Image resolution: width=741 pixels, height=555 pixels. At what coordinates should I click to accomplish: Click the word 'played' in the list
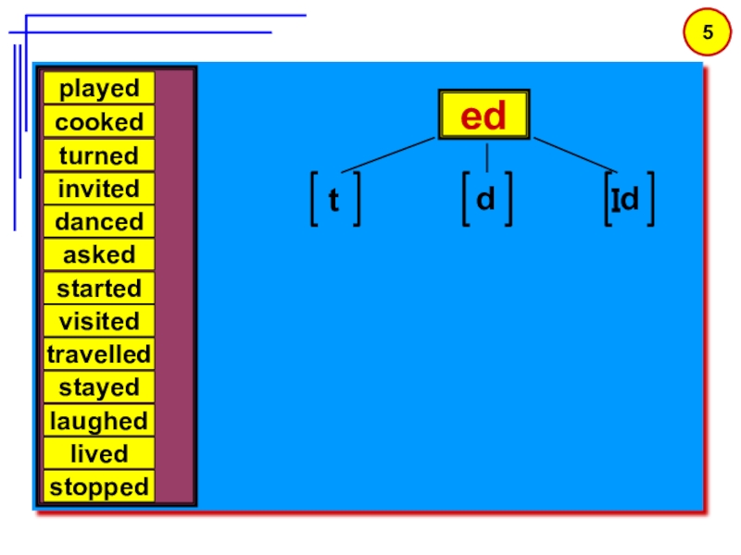[x=98, y=89]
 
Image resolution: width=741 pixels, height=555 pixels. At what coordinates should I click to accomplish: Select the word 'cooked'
[x=98, y=122]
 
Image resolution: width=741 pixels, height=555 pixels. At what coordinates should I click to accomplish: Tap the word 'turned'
[x=98, y=155]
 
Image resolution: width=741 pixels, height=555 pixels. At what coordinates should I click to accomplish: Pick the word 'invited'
[x=98, y=189]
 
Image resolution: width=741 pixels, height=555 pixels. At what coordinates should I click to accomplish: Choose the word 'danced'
[x=98, y=222]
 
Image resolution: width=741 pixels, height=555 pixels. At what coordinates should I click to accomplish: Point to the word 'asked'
[x=98, y=254]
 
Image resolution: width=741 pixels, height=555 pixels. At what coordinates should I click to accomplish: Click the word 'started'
[x=98, y=288]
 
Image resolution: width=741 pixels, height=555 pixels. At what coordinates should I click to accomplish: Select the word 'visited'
[x=98, y=321]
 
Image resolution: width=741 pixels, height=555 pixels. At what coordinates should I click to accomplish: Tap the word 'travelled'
[x=98, y=354]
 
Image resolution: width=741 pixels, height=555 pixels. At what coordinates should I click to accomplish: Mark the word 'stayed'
[x=98, y=388]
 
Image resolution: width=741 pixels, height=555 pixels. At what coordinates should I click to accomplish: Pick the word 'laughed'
[x=98, y=421]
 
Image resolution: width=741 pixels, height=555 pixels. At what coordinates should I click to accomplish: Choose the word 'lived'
[x=98, y=454]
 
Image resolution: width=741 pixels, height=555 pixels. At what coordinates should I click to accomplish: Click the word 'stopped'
[x=98, y=487]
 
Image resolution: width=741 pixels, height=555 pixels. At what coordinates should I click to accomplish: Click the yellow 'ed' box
[x=484, y=116]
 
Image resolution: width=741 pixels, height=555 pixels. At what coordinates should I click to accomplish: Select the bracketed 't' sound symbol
[x=334, y=200]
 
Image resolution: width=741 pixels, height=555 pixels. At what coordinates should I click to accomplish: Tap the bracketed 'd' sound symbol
[x=485, y=198]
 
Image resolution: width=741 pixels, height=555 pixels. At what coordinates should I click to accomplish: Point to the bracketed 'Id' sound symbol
[x=628, y=198]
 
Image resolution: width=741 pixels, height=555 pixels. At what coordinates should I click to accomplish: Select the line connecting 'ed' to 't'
[x=387, y=155]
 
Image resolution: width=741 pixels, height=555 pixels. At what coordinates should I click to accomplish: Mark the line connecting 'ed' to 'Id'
[x=574, y=155]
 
